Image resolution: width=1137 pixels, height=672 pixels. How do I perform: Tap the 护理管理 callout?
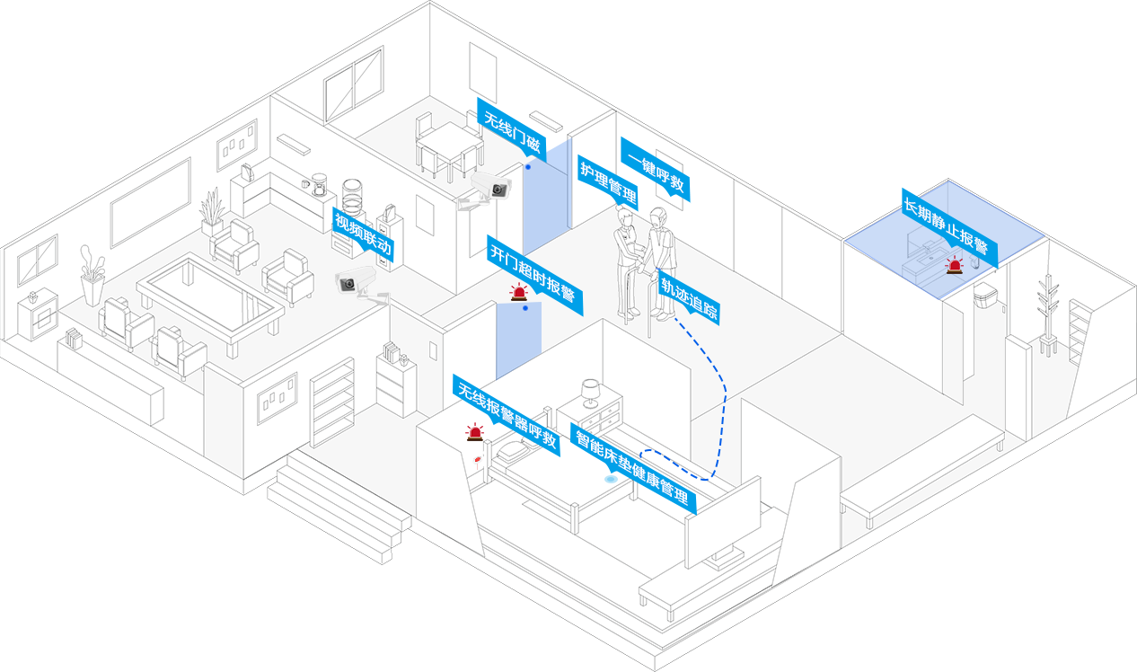(607, 182)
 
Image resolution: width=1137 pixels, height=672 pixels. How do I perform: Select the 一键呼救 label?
(656, 168)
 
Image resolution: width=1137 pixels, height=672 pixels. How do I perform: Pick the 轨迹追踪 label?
(689, 297)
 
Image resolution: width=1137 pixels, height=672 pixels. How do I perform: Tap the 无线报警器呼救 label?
(507, 414)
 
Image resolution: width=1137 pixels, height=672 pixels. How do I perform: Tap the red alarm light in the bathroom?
(953, 264)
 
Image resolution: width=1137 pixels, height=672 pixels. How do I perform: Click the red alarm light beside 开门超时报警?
(518, 292)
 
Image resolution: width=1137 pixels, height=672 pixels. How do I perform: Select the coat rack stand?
(1047, 314)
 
